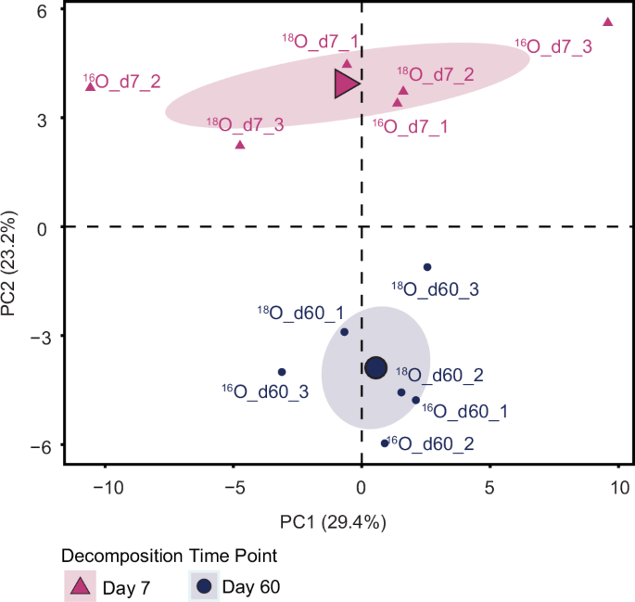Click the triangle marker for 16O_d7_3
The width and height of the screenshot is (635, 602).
608,22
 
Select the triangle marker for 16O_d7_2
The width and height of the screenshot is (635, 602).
90,86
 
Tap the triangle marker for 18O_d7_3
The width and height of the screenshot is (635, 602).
240,145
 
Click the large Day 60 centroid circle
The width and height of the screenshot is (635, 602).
375,368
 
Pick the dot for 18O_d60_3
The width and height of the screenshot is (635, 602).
427,267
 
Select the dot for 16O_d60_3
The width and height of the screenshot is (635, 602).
282,372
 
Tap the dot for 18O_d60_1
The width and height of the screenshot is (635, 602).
344,332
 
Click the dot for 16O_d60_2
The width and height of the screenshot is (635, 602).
385,443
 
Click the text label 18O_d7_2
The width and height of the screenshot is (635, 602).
437,74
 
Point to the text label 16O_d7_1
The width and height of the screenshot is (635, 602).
410,125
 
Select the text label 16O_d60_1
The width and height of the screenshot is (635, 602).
464,410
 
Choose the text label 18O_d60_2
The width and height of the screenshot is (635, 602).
439,376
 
